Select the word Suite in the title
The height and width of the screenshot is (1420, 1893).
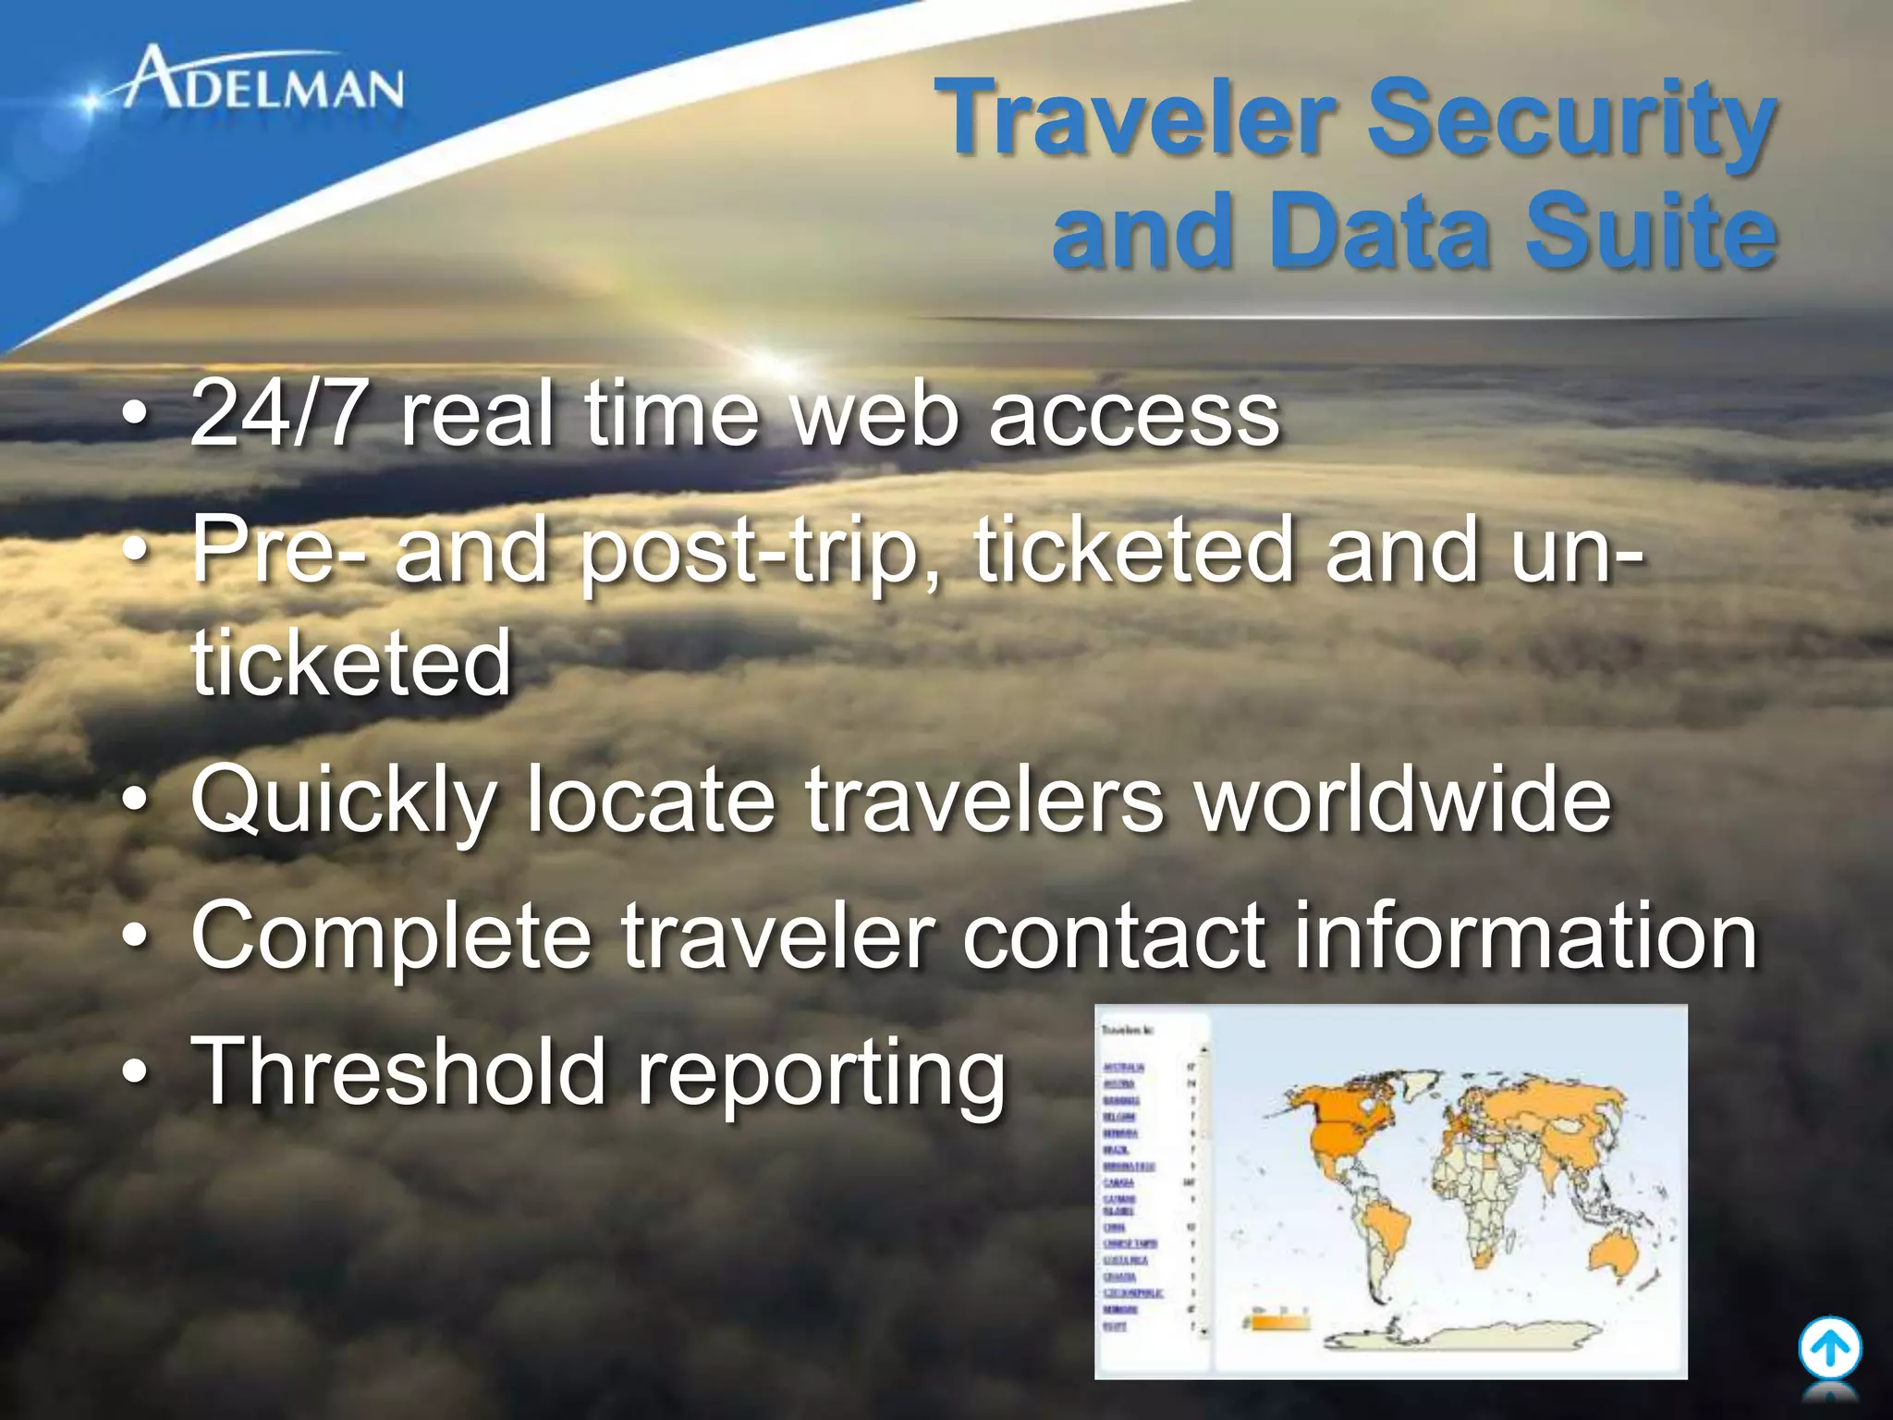(x=1649, y=231)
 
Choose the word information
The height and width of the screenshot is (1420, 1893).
(x=1524, y=936)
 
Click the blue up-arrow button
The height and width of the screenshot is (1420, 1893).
(x=1829, y=1349)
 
